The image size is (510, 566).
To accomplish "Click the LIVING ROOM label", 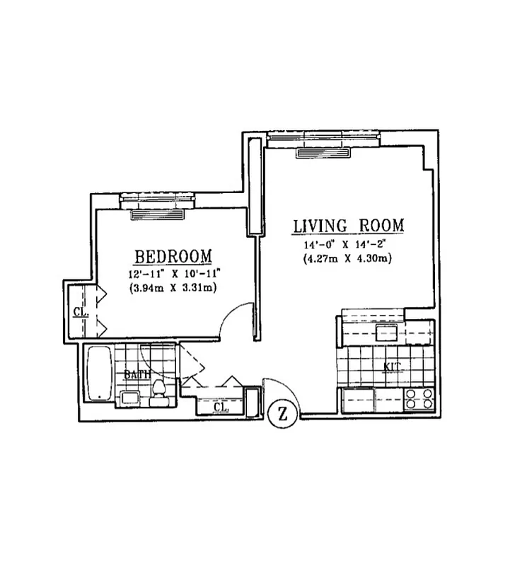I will pos(348,226).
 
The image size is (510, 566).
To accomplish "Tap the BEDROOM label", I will pos(173,255).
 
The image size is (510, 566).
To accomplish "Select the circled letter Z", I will pos(283,415).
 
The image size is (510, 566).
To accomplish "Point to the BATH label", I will pos(136,374).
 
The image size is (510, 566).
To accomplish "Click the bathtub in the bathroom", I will pos(100,373).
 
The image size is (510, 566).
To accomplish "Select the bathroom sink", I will pos(129,398).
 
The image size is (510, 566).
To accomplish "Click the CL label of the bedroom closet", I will pos(80,312).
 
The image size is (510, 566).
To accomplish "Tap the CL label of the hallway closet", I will pos(220,408).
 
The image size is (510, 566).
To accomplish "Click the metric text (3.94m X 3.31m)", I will pos(173,287).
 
